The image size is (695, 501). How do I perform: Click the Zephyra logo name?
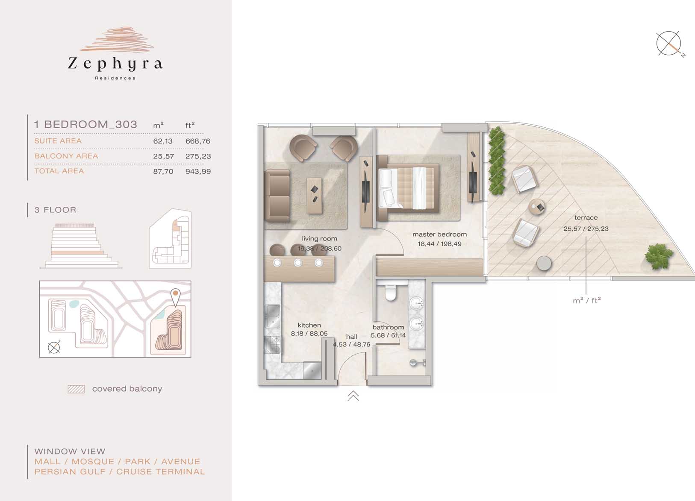115,64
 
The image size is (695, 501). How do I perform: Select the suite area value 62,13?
162,141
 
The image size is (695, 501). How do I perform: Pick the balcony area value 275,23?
198,156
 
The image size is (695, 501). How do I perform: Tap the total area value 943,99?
198,171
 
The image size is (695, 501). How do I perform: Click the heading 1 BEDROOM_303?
85,124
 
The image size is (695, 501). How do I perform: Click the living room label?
319,239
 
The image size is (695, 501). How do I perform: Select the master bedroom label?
439,234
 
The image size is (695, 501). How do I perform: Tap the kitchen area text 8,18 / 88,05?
309,334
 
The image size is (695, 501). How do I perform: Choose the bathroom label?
388,327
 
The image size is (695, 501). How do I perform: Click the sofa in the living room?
277,196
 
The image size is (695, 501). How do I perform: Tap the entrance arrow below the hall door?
353,396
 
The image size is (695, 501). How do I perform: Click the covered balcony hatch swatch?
77,390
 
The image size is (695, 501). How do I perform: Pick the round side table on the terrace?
537,207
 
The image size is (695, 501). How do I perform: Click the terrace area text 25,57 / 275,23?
586,229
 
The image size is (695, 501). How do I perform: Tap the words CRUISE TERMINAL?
160,472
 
